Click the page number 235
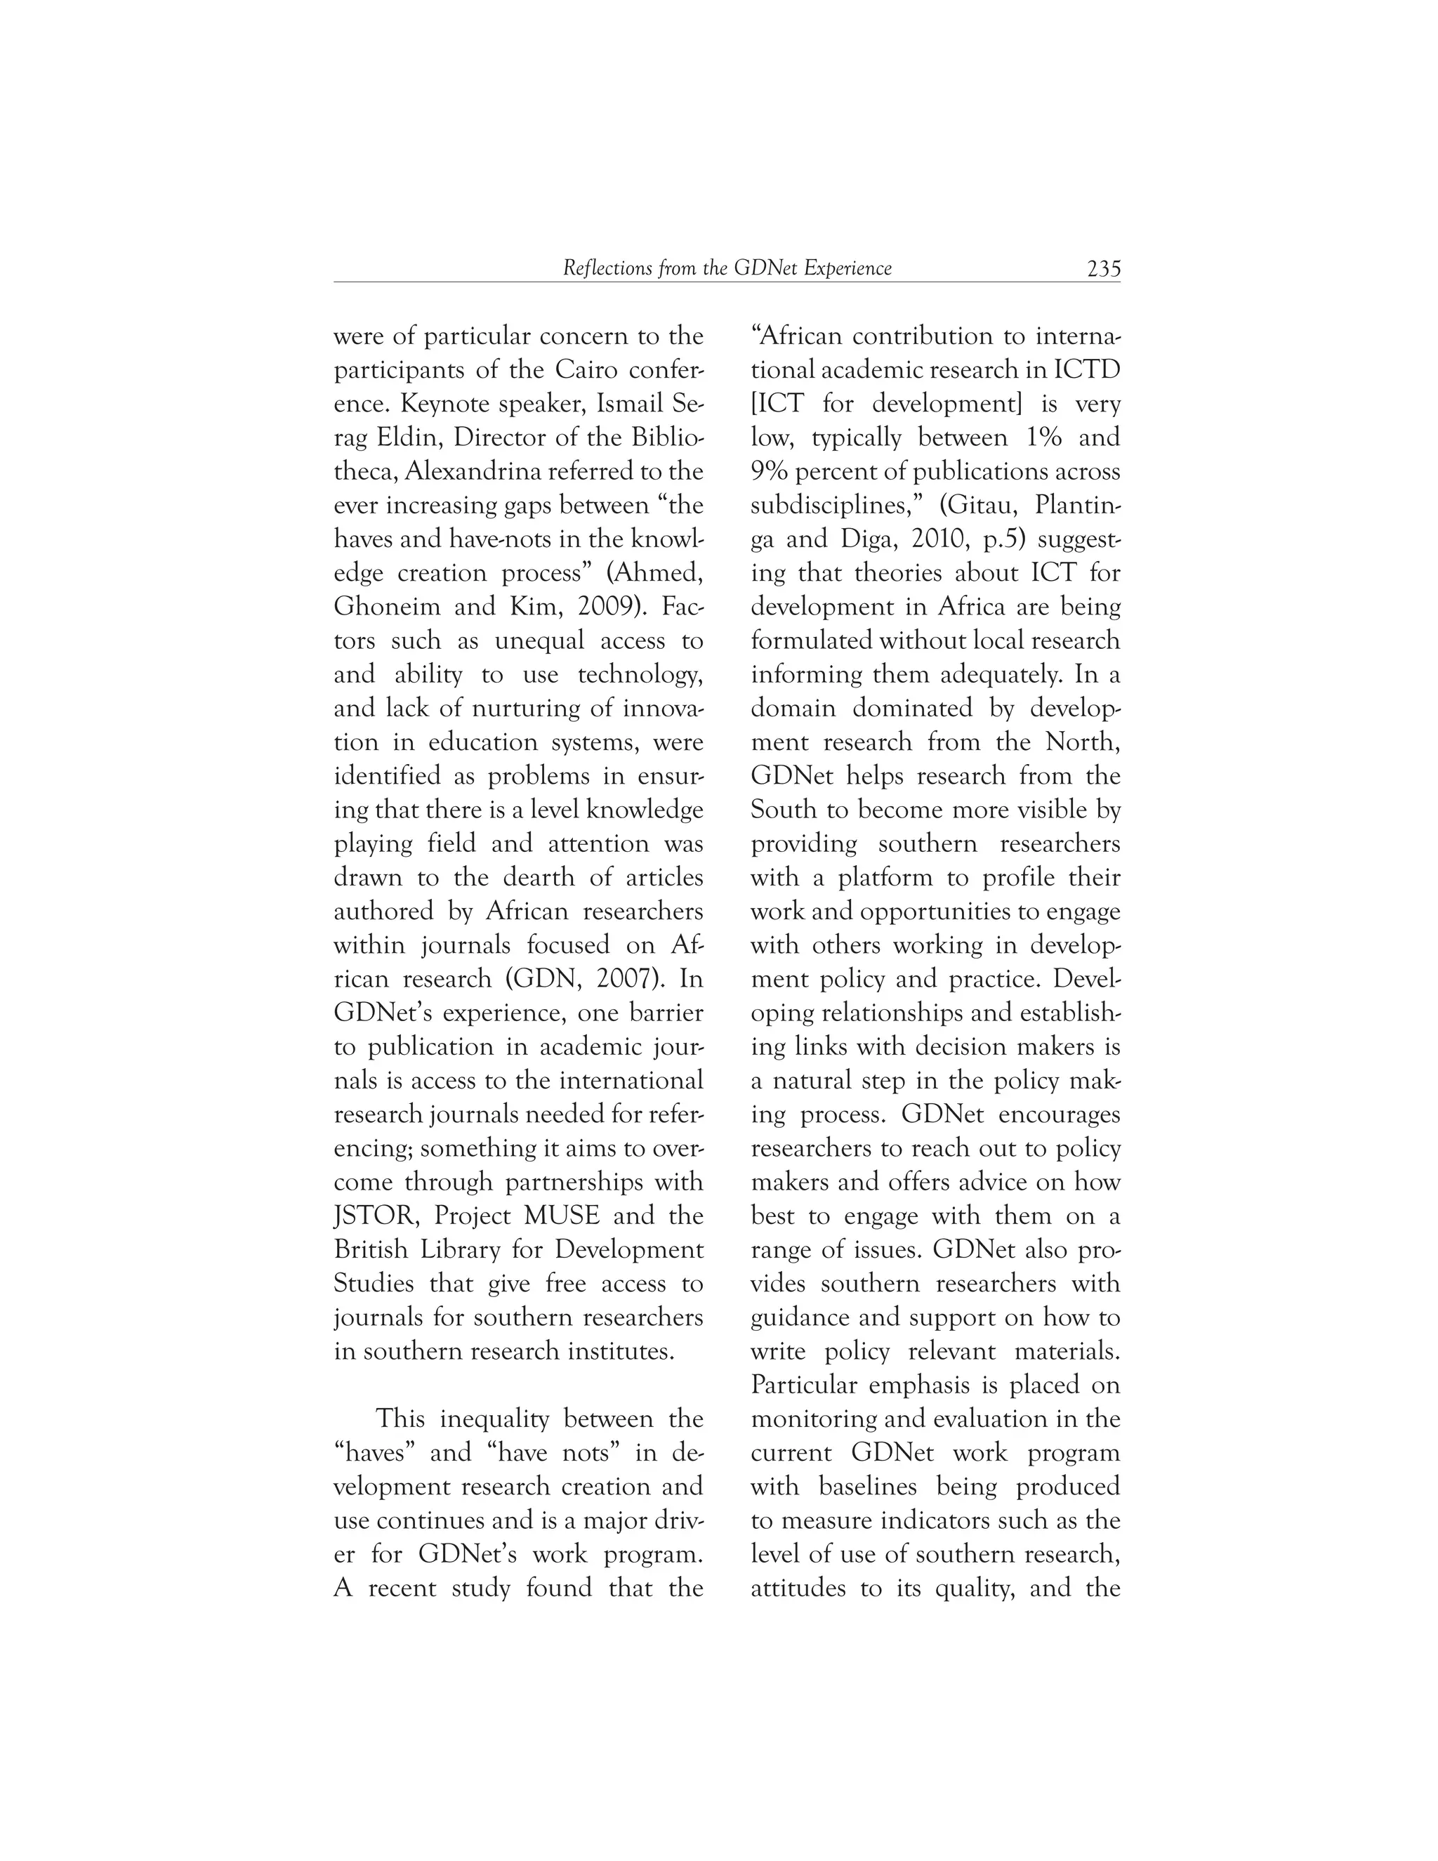[x=1103, y=268]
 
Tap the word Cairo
[x=587, y=371]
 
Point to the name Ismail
[x=628, y=404]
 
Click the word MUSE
[x=563, y=1216]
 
